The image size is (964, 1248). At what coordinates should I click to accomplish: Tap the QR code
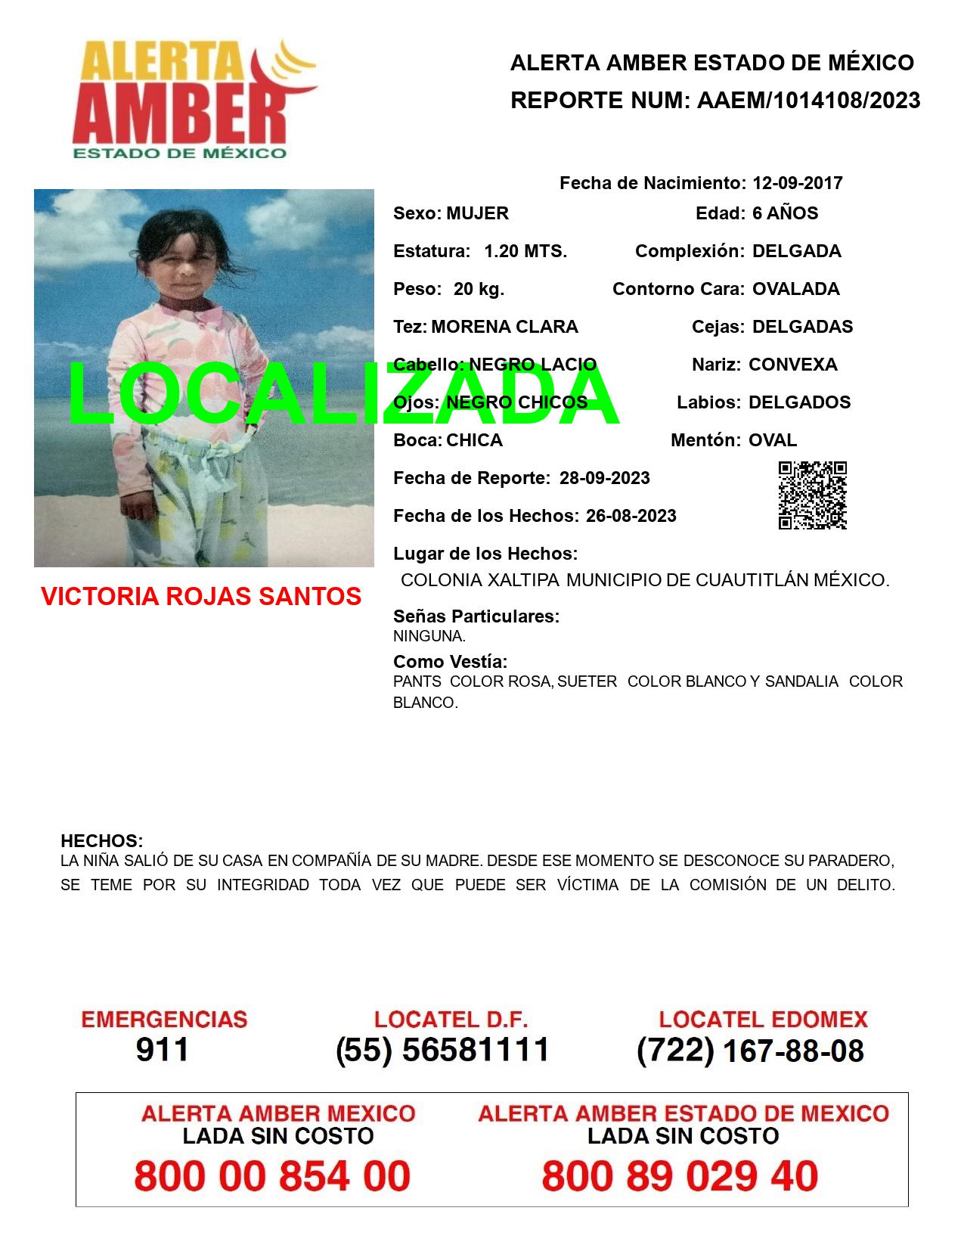tap(813, 495)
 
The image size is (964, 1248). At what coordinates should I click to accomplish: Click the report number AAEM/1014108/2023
tap(808, 100)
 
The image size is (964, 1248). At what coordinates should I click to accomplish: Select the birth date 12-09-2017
tap(797, 183)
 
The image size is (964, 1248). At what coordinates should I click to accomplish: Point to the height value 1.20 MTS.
tap(525, 251)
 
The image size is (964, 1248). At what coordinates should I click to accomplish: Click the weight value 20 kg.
tap(479, 289)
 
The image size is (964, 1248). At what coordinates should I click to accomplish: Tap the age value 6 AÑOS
tap(785, 213)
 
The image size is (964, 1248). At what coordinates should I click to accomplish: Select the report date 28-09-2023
tap(604, 478)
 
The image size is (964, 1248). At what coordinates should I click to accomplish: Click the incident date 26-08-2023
tap(631, 516)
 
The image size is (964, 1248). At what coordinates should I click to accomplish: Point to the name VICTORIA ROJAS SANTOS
tap(201, 596)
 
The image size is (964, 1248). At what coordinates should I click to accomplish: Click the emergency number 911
tap(163, 1050)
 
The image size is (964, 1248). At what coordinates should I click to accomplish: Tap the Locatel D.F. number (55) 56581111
tap(442, 1050)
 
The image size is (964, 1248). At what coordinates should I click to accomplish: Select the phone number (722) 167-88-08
tap(750, 1050)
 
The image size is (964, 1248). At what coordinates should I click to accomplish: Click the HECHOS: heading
tap(101, 841)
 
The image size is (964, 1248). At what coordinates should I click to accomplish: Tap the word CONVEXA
tap(792, 365)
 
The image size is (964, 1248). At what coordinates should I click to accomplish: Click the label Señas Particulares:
tap(476, 616)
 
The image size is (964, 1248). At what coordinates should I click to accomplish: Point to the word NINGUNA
tap(429, 636)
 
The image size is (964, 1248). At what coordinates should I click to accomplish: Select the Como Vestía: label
tap(450, 662)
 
